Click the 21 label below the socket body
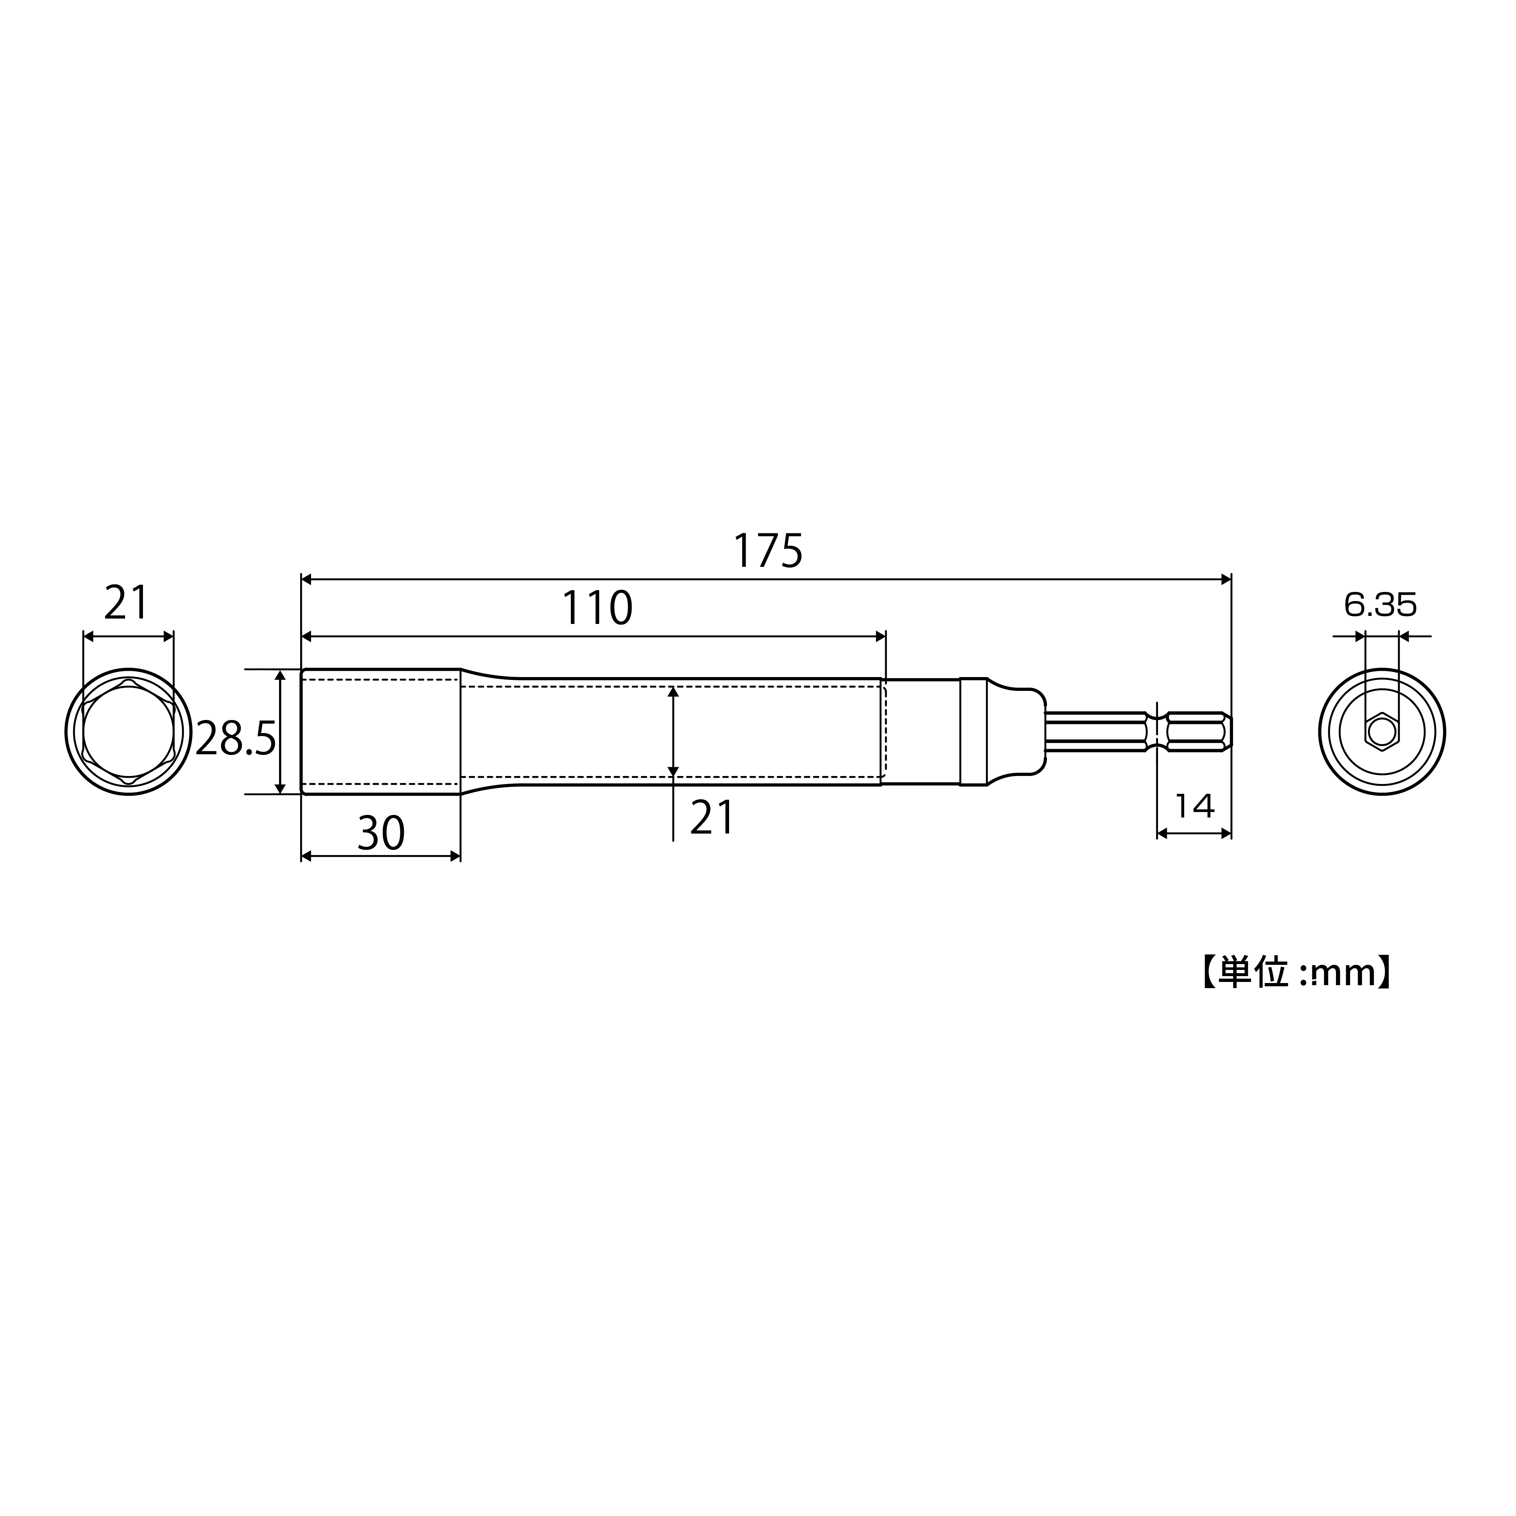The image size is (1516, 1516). coord(712,817)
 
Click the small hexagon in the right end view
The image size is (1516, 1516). coord(1382,731)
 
